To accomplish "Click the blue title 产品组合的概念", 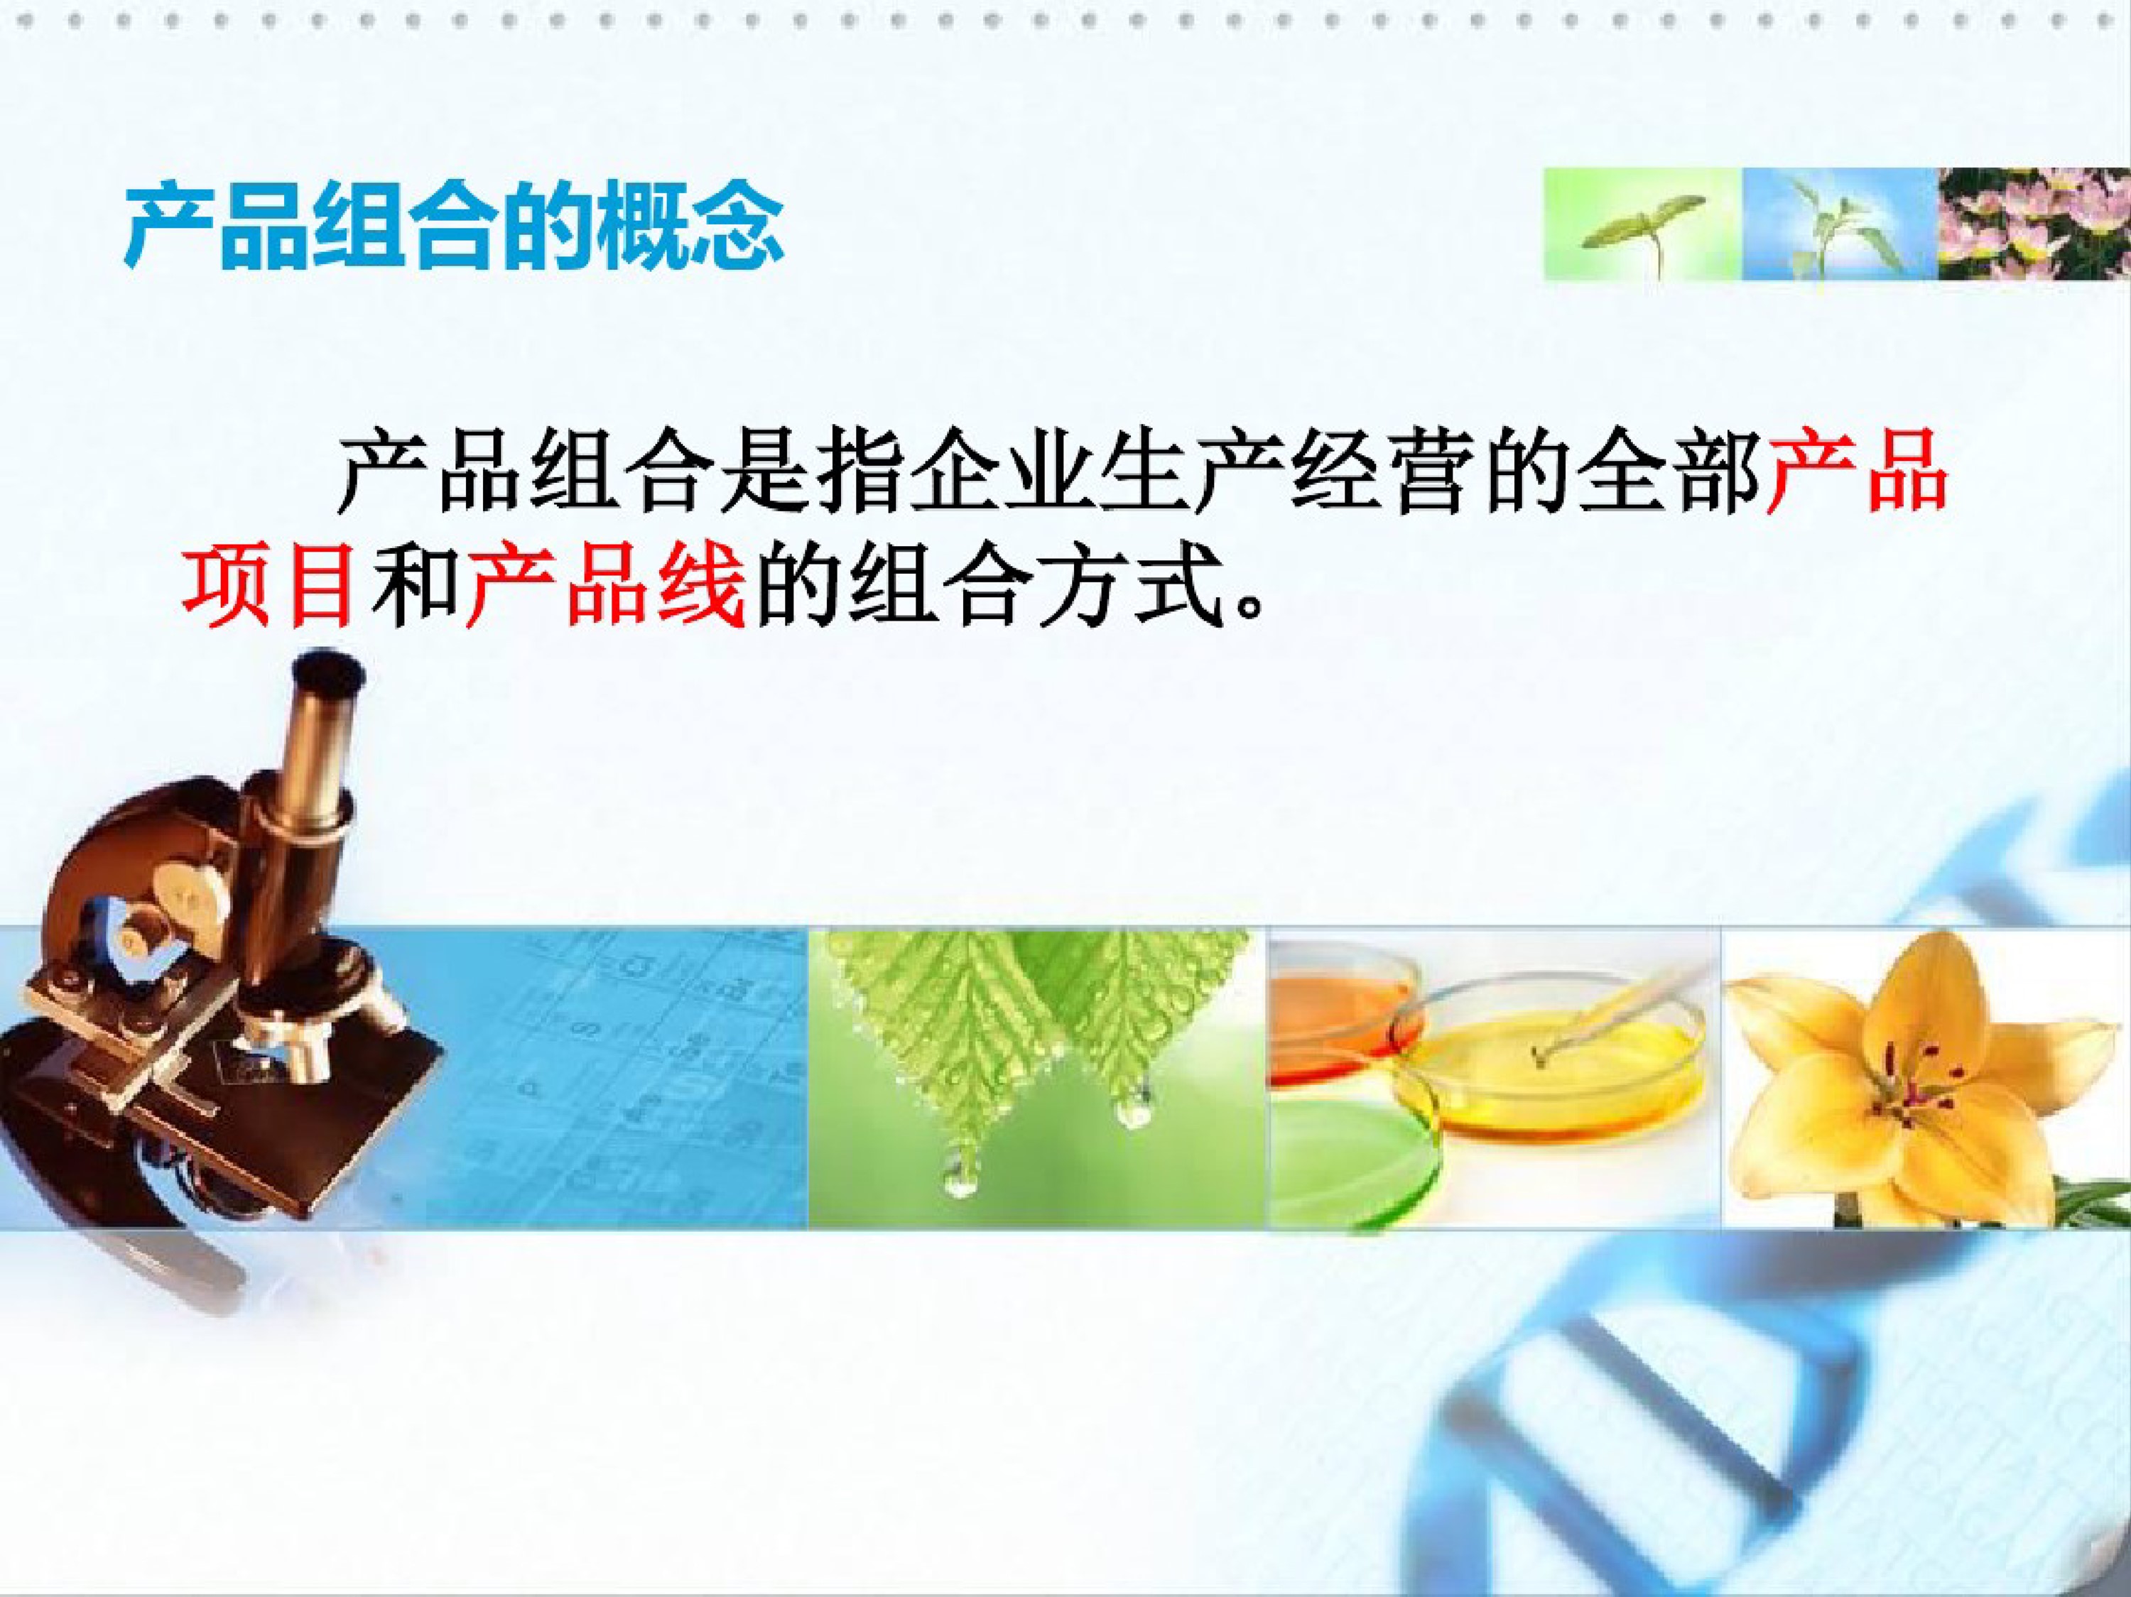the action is [x=455, y=228].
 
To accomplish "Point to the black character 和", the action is [x=411, y=586].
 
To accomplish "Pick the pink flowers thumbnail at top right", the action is [x=2034, y=224].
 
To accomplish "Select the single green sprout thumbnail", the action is [x=1642, y=224].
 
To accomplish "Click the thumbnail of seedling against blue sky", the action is [x=1839, y=224].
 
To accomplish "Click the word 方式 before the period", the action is [x=1128, y=586].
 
